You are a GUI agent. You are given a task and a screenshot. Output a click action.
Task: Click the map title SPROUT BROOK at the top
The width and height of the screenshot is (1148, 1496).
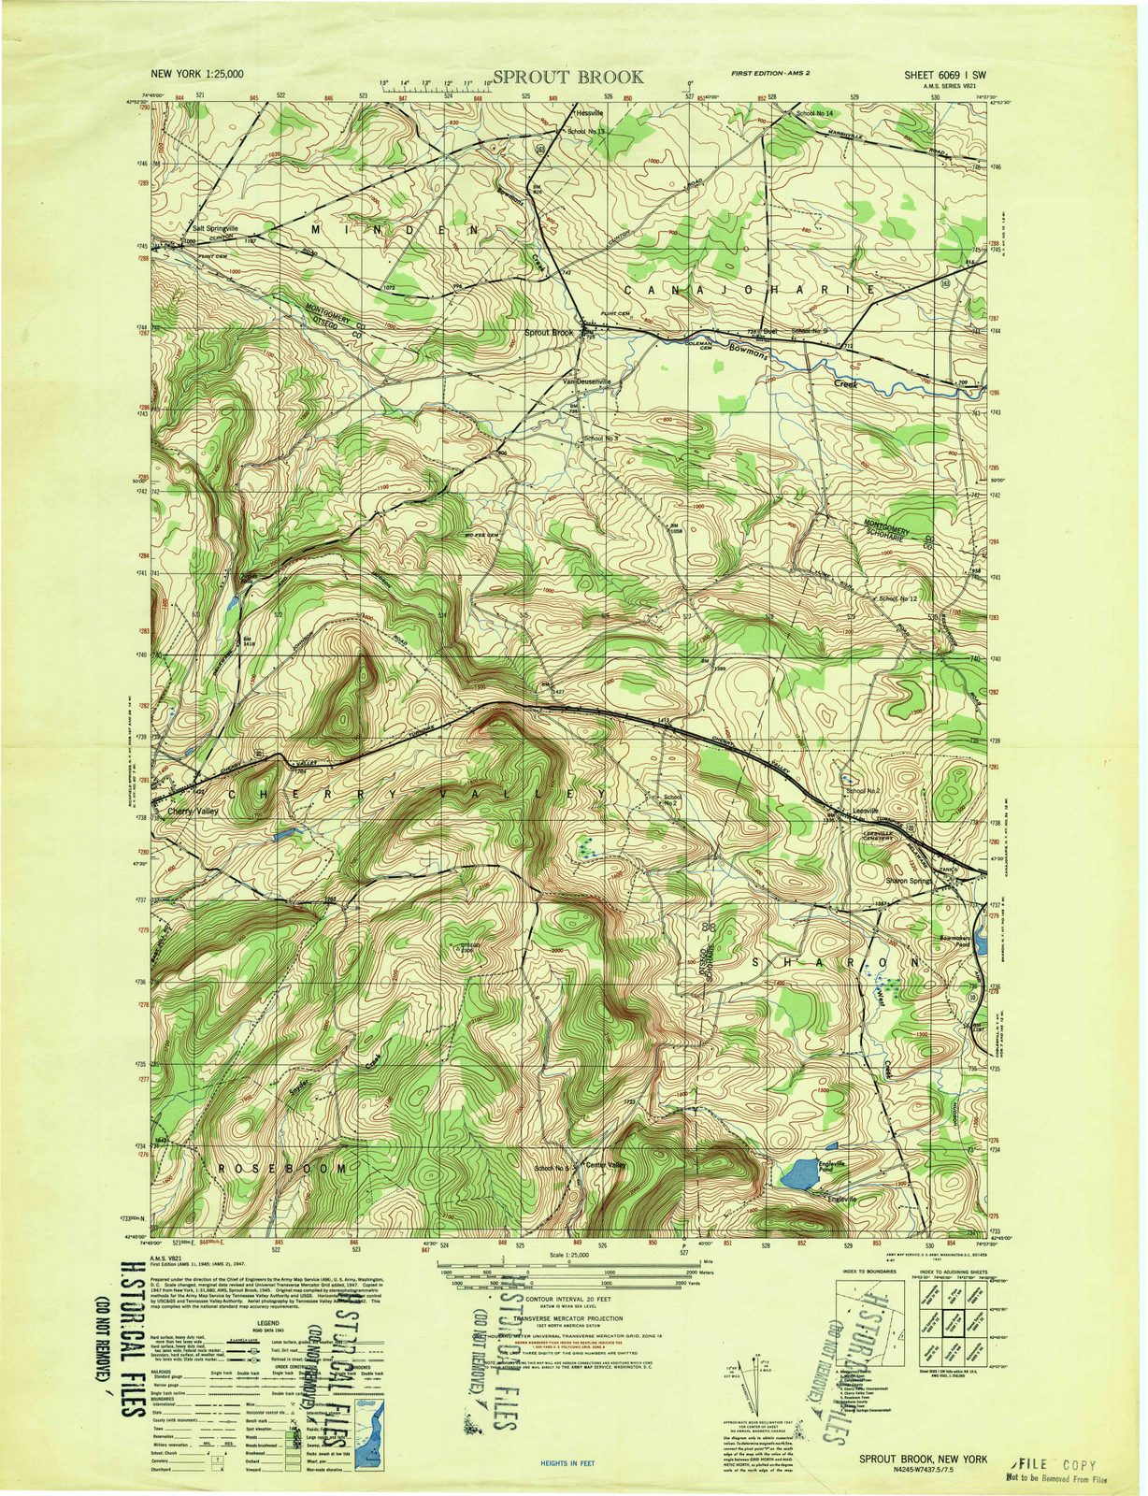(567, 77)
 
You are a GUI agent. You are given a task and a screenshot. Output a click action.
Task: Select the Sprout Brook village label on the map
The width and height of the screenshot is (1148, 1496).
(549, 333)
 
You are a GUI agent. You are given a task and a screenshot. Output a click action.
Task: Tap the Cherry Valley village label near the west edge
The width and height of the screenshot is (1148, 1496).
(194, 812)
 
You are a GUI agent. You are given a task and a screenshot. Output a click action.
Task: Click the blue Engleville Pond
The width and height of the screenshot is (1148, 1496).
(798, 1174)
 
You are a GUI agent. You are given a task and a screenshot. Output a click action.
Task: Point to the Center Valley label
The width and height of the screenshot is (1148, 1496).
(605, 1165)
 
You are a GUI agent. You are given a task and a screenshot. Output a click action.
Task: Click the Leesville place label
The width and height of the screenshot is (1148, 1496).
(867, 810)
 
